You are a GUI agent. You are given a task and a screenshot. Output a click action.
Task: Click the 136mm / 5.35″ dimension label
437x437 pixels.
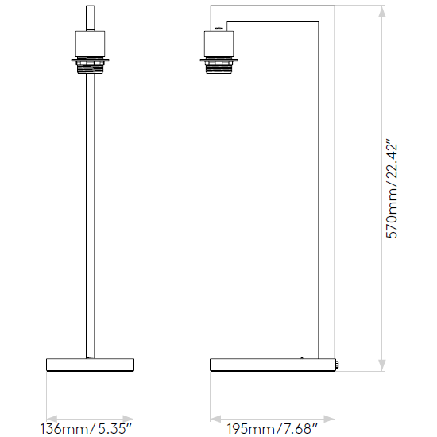(86, 428)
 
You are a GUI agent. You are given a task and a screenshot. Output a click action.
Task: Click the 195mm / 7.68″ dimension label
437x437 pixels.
(272, 428)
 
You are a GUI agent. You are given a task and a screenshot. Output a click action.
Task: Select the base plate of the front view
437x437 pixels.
(91, 365)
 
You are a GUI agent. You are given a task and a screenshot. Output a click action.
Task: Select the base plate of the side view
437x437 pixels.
(273, 365)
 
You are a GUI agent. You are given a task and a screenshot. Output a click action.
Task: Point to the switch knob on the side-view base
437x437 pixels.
(337, 365)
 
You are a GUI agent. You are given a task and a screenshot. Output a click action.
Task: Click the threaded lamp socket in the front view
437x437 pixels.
(90, 68)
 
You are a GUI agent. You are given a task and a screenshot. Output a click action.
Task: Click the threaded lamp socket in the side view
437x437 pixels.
(218, 68)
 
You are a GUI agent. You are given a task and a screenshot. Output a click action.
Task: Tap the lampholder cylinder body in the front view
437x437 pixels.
(91, 44)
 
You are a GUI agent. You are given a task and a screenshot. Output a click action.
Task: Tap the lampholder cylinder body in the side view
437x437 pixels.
(218, 44)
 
